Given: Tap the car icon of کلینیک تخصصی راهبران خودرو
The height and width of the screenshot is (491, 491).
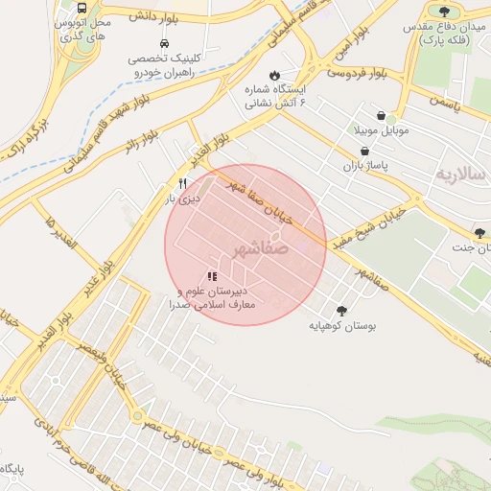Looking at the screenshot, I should pos(164,44).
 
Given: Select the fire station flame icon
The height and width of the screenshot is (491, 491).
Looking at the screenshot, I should pos(275,73).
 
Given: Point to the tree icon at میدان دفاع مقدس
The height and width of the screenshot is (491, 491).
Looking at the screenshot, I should pos(444,11).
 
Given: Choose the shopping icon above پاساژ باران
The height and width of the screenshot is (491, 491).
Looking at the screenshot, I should pos(364,152).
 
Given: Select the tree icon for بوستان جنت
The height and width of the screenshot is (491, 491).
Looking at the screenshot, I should pos(479,232).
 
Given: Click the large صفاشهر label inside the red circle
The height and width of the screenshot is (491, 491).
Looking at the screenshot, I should pos(260,250).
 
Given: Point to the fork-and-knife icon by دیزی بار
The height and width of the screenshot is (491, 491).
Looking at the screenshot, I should pos(181,183).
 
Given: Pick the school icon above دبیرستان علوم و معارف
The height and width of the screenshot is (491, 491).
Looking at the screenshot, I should pos(211,276).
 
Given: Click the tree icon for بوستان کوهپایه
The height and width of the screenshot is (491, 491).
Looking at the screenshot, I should pos(340,310).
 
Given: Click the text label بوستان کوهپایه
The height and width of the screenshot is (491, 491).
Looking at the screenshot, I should pos(341,327).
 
